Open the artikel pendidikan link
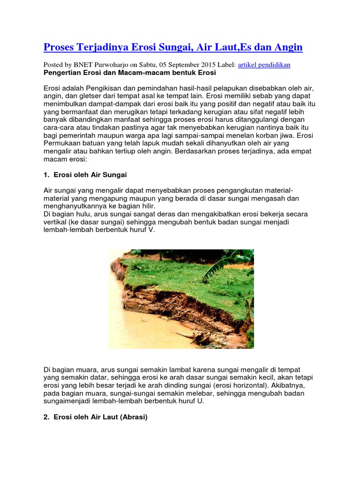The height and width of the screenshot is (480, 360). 264,65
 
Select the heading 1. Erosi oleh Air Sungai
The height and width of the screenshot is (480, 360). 85,174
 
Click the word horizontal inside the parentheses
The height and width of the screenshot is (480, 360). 246,385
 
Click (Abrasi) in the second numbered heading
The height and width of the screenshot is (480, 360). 129,416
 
